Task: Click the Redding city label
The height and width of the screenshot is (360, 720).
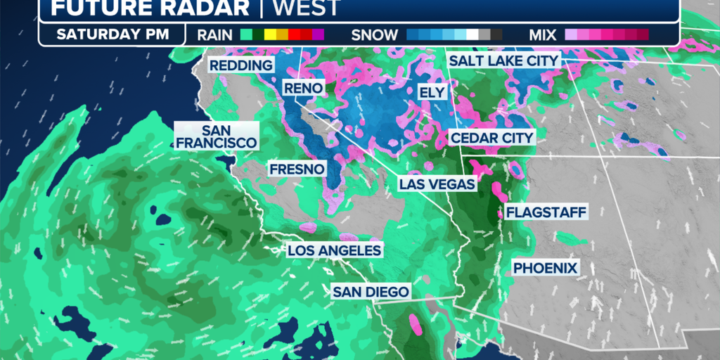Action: tap(241, 65)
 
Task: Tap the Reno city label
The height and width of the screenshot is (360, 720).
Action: tap(303, 88)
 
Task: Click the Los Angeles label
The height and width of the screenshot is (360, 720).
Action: tap(334, 250)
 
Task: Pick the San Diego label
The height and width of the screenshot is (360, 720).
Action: tap(371, 292)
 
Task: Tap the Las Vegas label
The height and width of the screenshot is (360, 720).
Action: tap(437, 184)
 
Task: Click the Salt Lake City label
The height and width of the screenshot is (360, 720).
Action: tap(503, 60)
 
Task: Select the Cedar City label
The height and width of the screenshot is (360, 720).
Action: tap(492, 138)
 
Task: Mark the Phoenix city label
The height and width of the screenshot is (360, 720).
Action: tap(545, 268)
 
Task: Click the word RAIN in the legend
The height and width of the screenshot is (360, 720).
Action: tap(215, 34)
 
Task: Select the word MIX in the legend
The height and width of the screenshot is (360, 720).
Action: tap(541, 34)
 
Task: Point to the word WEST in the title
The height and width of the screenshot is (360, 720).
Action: tap(306, 8)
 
